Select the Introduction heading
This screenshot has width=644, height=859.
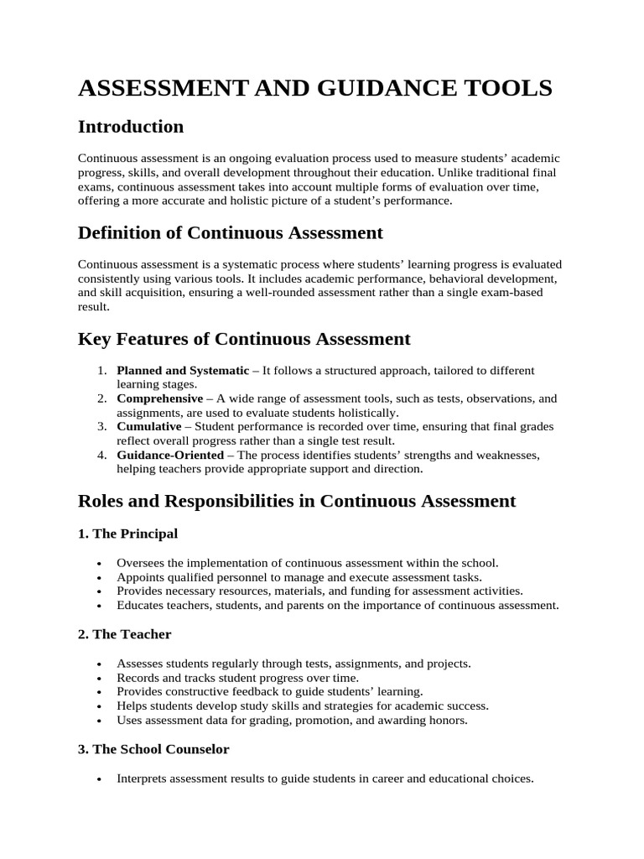[130, 127]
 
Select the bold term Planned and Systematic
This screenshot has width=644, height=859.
[183, 370]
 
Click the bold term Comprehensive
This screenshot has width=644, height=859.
[159, 398]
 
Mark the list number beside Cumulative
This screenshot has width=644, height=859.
[101, 427]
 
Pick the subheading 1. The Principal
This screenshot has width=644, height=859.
[127, 534]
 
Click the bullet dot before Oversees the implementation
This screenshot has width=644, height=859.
[100, 564]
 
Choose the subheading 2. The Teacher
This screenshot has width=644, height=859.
[124, 634]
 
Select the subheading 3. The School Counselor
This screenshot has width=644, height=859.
[153, 749]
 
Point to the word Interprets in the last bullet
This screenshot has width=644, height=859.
[142, 778]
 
